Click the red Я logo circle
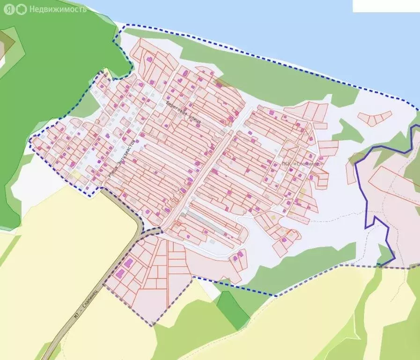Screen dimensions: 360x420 point(9,9)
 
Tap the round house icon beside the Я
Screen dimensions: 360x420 point(21,9)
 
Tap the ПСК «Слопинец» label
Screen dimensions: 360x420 point(303,164)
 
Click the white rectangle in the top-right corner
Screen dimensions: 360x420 point(386,6)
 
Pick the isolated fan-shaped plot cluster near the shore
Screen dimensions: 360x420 point(375,118)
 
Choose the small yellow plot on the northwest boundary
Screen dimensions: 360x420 point(106,73)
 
